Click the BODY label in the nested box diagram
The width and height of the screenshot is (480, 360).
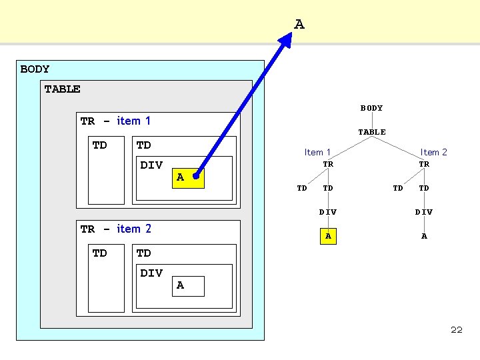pos(35,69)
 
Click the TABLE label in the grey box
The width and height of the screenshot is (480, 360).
pos(62,89)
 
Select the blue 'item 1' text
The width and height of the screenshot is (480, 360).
pos(133,121)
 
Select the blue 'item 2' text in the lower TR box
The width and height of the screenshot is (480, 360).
pos(134,229)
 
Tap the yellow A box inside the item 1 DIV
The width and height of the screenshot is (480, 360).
pos(188,178)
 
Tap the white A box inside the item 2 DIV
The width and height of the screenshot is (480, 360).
pos(188,286)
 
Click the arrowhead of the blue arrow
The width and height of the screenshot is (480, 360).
pos(285,40)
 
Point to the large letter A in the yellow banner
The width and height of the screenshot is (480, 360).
pos(299,24)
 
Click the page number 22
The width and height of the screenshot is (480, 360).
pos(457,330)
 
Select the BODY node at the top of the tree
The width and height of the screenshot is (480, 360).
pos(371,108)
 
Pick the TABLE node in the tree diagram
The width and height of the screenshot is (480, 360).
pos(372,132)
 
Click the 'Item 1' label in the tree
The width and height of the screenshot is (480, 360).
pos(317,152)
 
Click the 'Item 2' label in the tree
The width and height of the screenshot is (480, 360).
pos(433,152)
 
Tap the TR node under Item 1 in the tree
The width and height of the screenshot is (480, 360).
pos(328,164)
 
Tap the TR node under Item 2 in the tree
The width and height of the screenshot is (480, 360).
pos(424,164)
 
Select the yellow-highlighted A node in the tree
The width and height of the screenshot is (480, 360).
pos(328,236)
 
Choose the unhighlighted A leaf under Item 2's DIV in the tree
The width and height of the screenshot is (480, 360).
pos(424,236)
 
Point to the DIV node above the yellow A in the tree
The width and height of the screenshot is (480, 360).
pos(328,212)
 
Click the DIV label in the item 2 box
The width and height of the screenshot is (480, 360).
pos(151,273)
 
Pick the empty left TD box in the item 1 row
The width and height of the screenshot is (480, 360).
pos(106,170)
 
